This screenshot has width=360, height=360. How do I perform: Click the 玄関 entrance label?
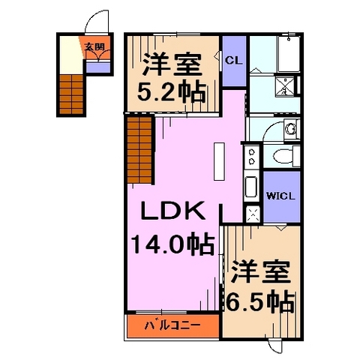[x=94, y=46]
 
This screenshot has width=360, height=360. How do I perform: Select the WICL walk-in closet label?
[x=281, y=196]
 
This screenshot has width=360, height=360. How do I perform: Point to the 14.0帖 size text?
[x=171, y=244]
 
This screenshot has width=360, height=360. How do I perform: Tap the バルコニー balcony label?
[x=172, y=326]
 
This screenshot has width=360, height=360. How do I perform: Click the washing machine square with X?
[x=252, y=211]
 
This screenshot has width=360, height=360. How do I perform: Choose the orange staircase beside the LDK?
[x=139, y=150]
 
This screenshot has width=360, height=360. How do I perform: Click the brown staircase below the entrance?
[x=73, y=94]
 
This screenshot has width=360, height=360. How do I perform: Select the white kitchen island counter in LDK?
[x=219, y=162]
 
